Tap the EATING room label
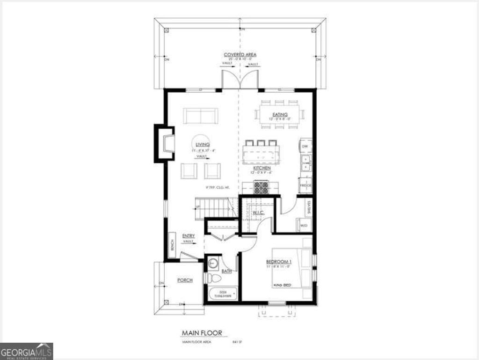pos(279,114)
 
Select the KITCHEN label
pos(262,168)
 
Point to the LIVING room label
pos(203,145)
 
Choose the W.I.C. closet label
pos(258,213)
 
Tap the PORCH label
pos(184,280)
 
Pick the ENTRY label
pos(189,236)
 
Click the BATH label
pos(226,271)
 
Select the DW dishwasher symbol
pos(305,147)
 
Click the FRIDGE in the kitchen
pos(305,185)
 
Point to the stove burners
pos(261,187)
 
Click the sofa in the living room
pos(200,115)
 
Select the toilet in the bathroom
pos(214,279)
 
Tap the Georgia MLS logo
pos(27,351)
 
